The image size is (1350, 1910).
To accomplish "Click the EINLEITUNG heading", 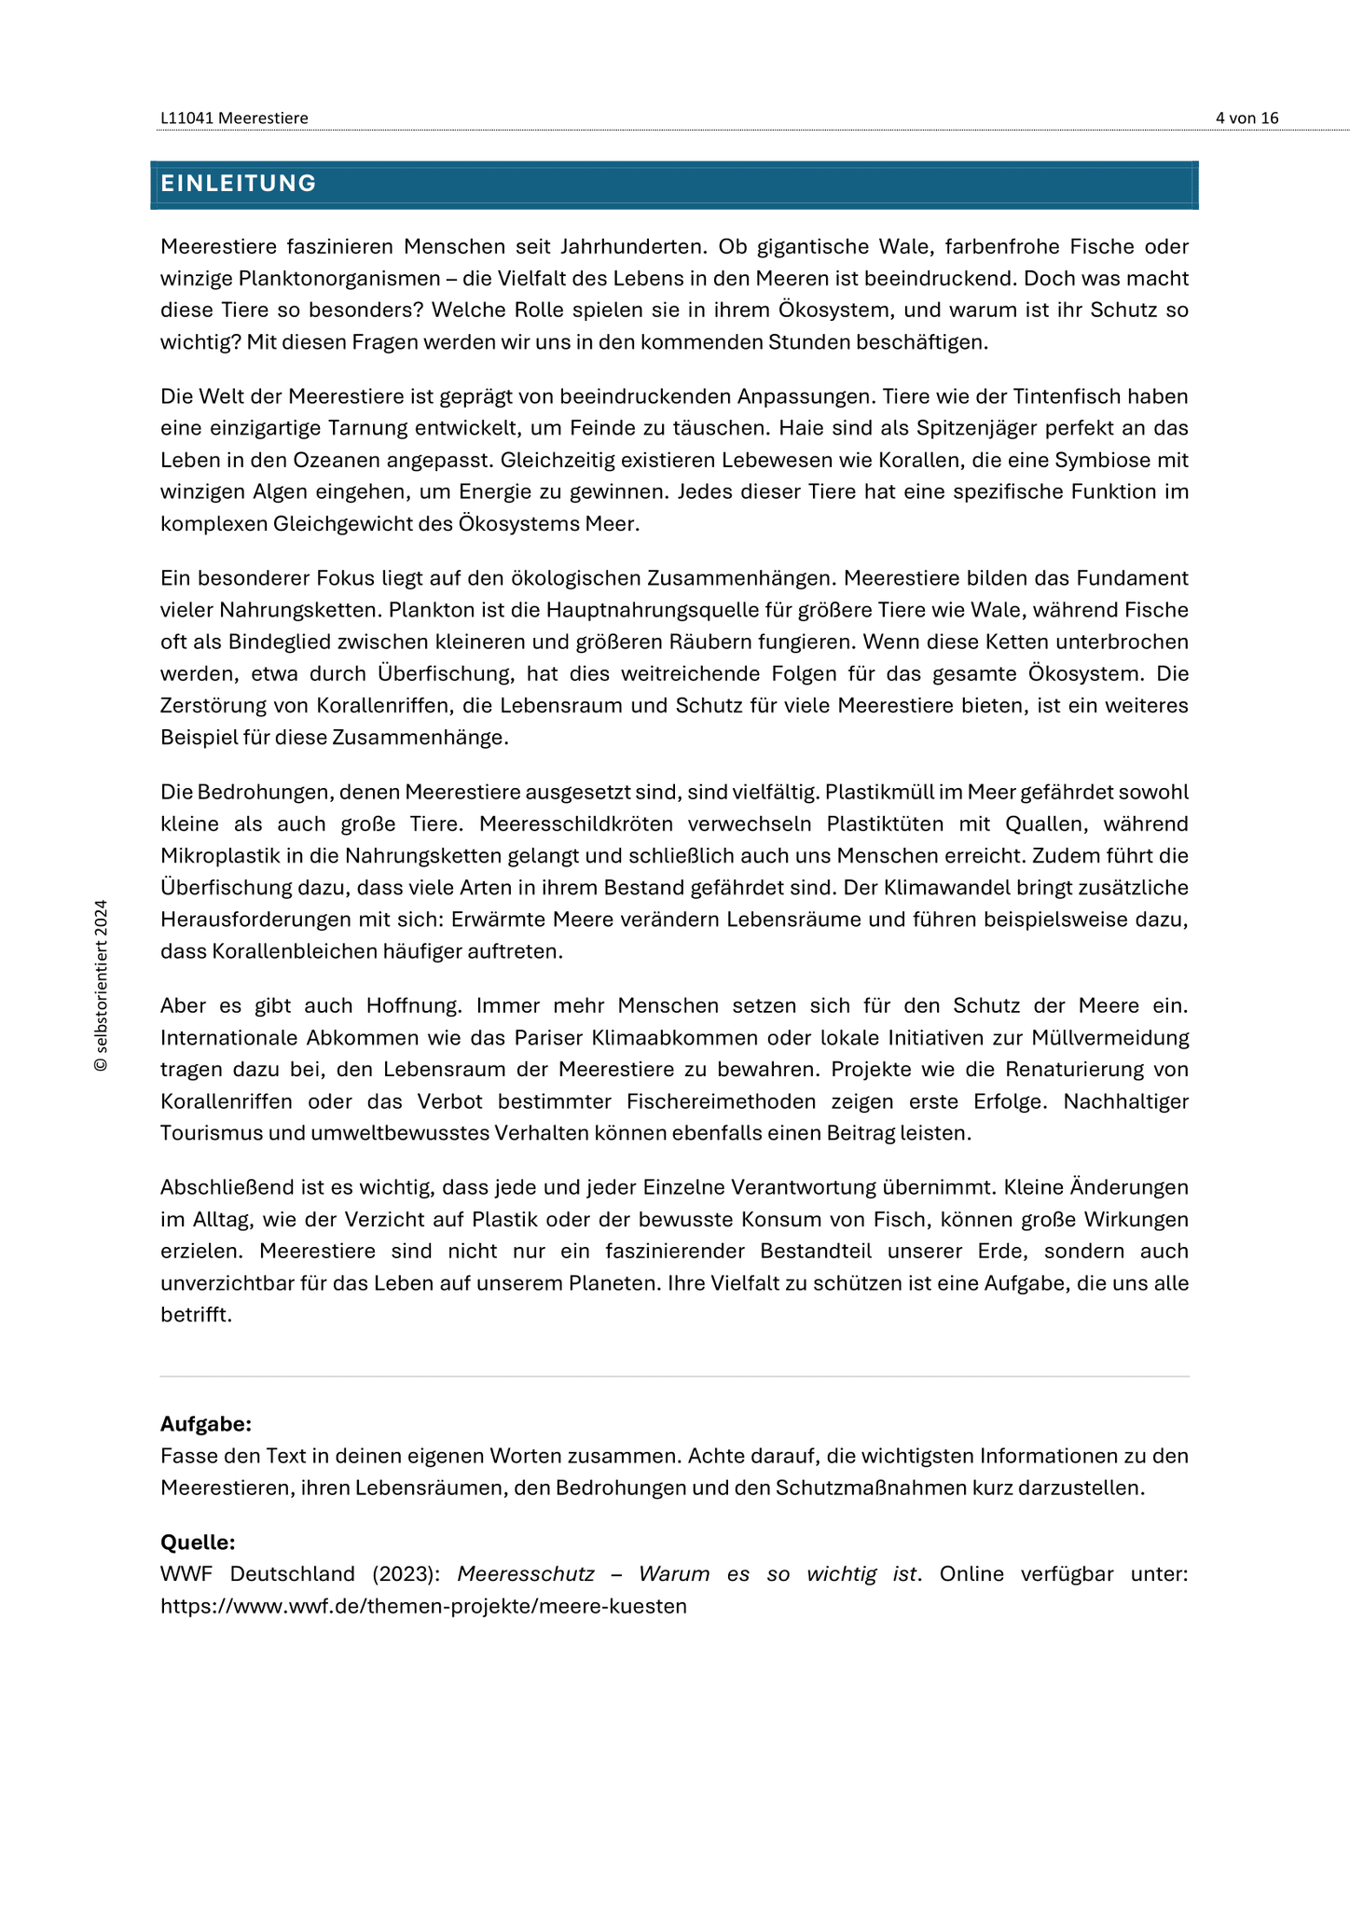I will pos(239,184).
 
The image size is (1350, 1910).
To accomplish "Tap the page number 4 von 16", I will pos(1247,118).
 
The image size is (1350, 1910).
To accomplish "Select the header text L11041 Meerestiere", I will pos(234,118).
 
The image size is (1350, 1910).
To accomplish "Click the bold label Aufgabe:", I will pos(206,1424).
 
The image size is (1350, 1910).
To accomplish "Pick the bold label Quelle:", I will pos(198,1542).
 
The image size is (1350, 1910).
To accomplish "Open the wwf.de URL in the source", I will pos(423,1606).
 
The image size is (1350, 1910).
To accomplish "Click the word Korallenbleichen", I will pos(310,951).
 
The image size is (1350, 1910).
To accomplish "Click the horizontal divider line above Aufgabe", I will pos(674,1377).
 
